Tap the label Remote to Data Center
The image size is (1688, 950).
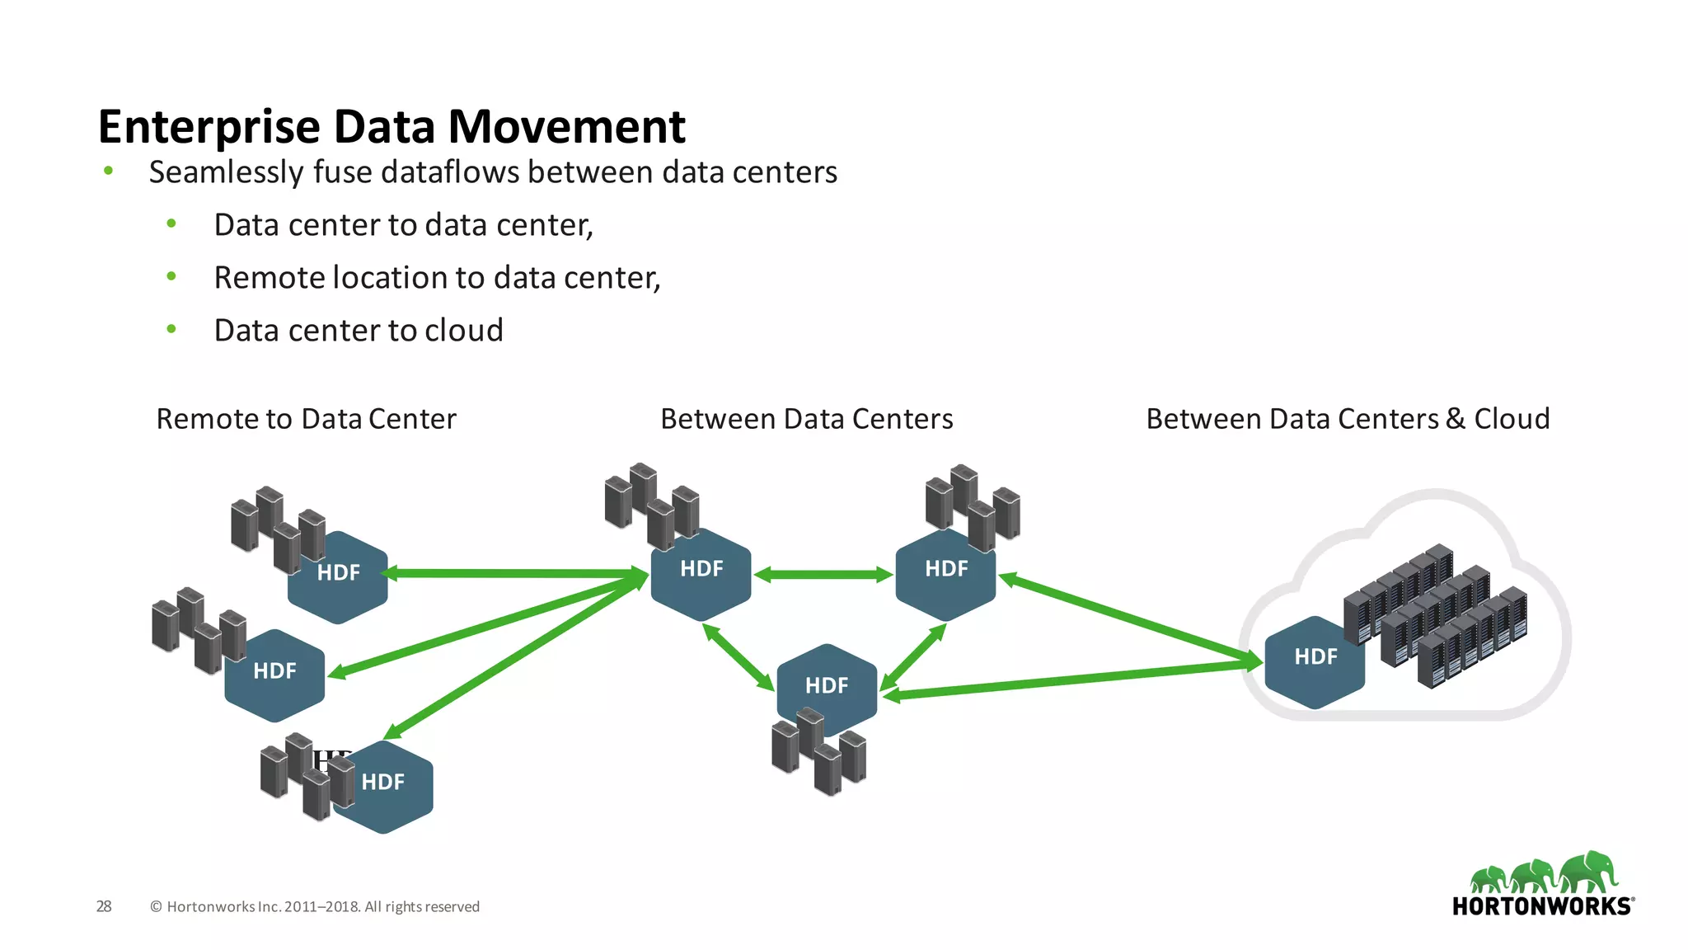click(x=306, y=419)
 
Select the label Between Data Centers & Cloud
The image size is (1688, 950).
click(x=1348, y=419)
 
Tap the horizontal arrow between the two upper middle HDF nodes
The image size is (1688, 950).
click(x=823, y=575)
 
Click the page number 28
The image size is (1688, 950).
click(x=104, y=906)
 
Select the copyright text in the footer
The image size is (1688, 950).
click(x=315, y=907)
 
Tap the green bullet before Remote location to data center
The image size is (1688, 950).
click(x=171, y=276)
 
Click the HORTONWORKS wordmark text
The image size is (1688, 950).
click(x=1542, y=906)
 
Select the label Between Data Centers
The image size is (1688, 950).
click(x=806, y=419)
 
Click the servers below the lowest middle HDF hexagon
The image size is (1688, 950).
click(x=818, y=755)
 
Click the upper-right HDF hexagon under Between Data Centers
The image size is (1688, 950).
click(x=945, y=574)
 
